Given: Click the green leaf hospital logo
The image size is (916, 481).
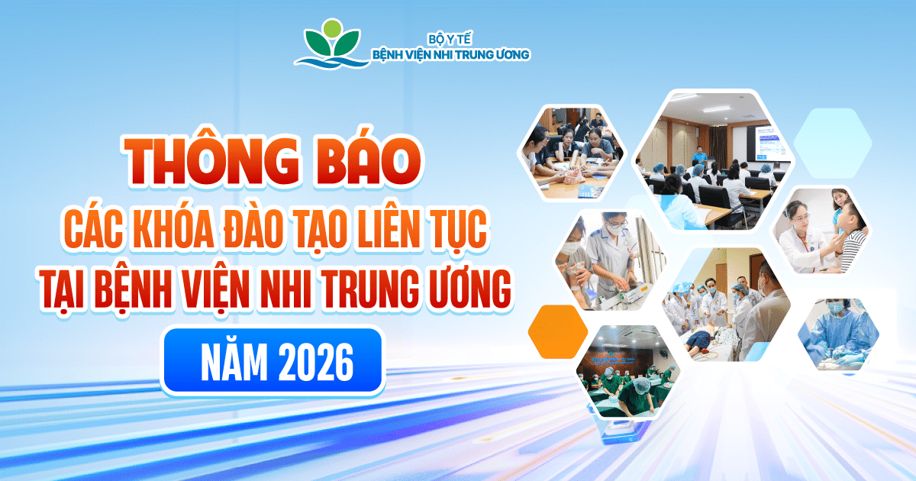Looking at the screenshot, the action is tap(332, 44).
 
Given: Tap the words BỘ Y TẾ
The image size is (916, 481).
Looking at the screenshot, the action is tap(450, 39).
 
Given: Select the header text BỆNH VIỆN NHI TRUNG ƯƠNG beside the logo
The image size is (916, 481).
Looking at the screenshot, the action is tap(450, 54).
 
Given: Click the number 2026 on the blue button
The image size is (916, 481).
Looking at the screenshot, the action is tap(316, 363).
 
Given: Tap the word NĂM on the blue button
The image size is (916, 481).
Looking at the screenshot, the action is tap(234, 362).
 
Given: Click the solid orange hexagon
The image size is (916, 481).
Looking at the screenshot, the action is tap(558, 331).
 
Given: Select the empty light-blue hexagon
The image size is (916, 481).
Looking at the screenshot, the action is tap(833, 144).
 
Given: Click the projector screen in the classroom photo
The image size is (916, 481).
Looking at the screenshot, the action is tap(767, 143).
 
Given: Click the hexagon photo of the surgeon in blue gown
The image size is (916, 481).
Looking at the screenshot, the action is tap(838, 334).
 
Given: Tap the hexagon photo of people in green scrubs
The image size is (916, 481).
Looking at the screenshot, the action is tap(628, 371).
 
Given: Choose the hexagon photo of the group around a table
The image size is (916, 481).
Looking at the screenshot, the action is tap(572, 153).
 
